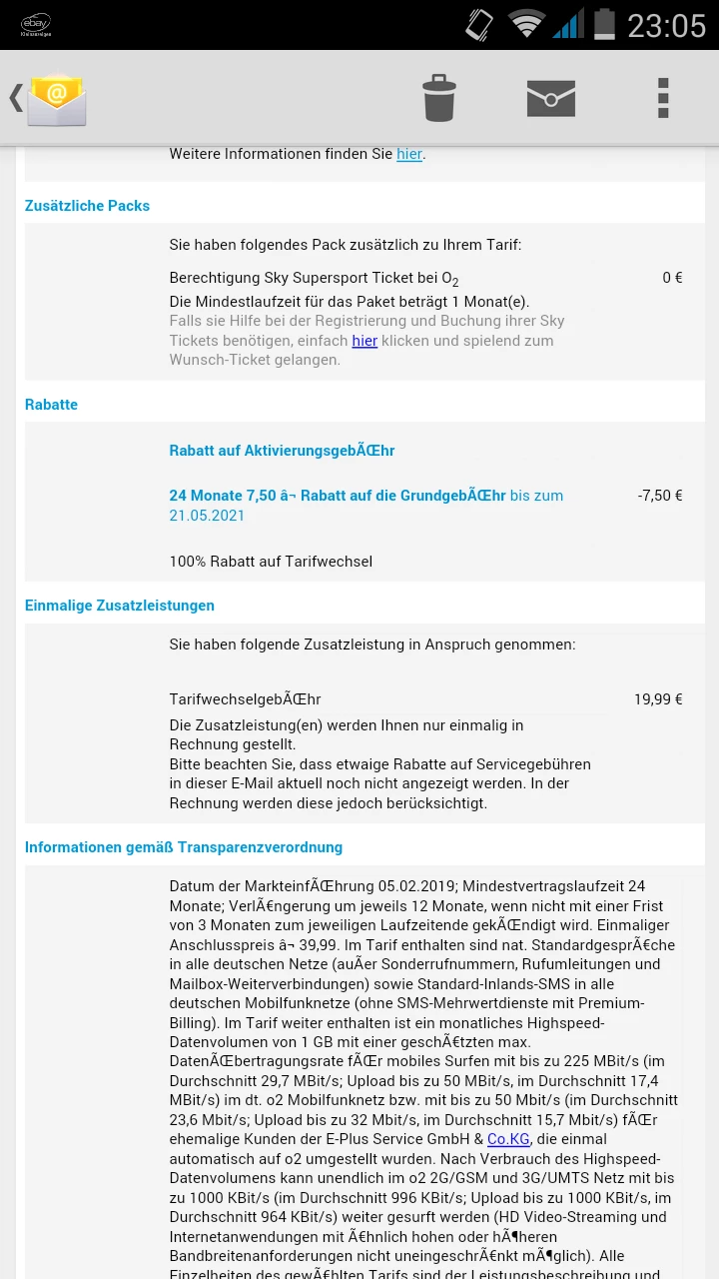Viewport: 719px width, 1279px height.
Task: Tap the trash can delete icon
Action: pyautogui.click(x=438, y=98)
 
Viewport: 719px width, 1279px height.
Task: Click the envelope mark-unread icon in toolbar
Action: pyautogui.click(x=551, y=98)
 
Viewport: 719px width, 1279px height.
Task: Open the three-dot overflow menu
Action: pyautogui.click(x=663, y=98)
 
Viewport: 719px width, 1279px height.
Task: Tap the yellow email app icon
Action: pyautogui.click(x=57, y=99)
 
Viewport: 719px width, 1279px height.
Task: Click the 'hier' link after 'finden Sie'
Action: pyautogui.click(x=409, y=154)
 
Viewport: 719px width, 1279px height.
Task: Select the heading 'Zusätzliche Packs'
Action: pyautogui.click(x=88, y=206)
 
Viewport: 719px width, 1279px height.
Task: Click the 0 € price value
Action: pyautogui.click(x=672, y=278)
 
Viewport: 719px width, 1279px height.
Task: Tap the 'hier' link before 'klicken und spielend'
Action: pyautogui.click(x=364, y=341)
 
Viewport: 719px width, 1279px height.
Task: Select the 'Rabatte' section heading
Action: pyautogui.click(x=51, y=405)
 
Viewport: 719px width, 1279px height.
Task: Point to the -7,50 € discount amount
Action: pyautogui.click(x=660, y=496)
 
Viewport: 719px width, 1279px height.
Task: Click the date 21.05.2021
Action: pyautogui.click(x=207, y=516)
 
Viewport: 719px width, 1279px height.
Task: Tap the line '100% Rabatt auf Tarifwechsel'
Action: pyautogui.click(x=271, y=562)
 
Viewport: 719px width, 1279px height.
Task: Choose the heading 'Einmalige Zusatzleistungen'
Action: pyautogui.click(x=120, y=606)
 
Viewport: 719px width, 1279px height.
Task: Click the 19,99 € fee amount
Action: pyautogui.click(x=658, y=699)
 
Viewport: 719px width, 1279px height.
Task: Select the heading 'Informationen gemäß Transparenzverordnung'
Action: pyautogui.click(x=184, y=847)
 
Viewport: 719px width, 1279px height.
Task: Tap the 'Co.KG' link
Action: pyautogui.click(x=508, y=1139)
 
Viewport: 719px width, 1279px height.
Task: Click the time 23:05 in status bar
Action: pyautogui.click(x=666, y=25)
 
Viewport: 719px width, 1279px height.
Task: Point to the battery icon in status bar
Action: pyautogui.click(x=604, y=24)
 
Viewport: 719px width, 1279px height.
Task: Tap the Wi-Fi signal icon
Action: pyautogui.click(x=526, y=24)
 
